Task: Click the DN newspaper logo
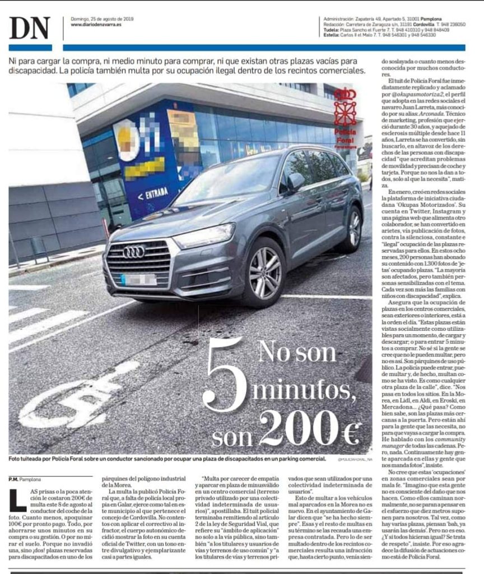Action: tap(30, 28)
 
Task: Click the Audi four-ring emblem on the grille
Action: tap(134, 251)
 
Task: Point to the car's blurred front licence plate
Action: tap(138, 279)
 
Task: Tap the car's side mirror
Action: tap(295, 180)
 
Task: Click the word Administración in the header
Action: tap(339, 18)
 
